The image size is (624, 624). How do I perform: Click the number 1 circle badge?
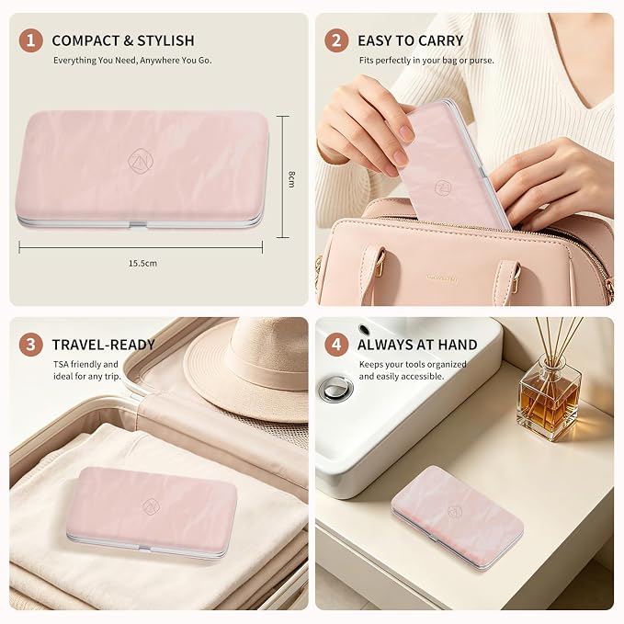tap(30, 40)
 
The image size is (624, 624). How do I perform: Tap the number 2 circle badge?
tap(336, 40)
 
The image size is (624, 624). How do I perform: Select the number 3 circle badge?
tap(30, 345)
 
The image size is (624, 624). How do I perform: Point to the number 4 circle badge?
tap(336, 345)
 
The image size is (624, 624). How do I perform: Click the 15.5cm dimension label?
tap(142, 263)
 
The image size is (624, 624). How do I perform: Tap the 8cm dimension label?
tap(291, 178)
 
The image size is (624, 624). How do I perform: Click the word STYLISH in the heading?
tap(165, 40)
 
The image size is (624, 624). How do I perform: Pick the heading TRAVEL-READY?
tap(104, 345)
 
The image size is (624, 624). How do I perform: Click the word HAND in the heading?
tap(457, 345)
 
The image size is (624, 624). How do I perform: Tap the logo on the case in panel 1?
tap(141, 161)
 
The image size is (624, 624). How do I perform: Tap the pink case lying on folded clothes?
tap(152, 512)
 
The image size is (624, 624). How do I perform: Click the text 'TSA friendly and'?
tap(85, 364)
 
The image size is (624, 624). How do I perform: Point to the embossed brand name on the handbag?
tap(442, 278)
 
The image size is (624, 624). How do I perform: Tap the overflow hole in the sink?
tap(364, 330)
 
